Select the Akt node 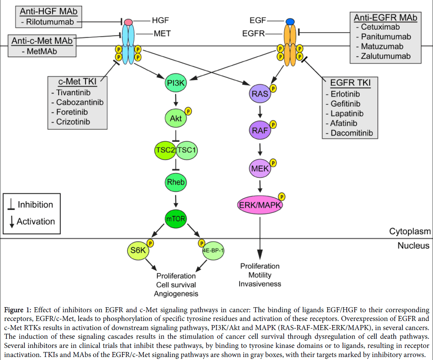[x=176, y=118]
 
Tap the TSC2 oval [x=165, y=150]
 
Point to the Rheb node [x=176, y=182]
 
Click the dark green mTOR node [x=176, y=219]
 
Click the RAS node [x=260, y=93]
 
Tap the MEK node [x=260, y=168]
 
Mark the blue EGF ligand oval [x=291, y=22]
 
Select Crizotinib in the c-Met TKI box [x=73, y=122]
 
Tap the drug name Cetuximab [x=381, y=27]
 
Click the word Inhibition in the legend [x=35, y=205]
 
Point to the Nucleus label [x=413, y=246]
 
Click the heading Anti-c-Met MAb [x=42, y=41]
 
